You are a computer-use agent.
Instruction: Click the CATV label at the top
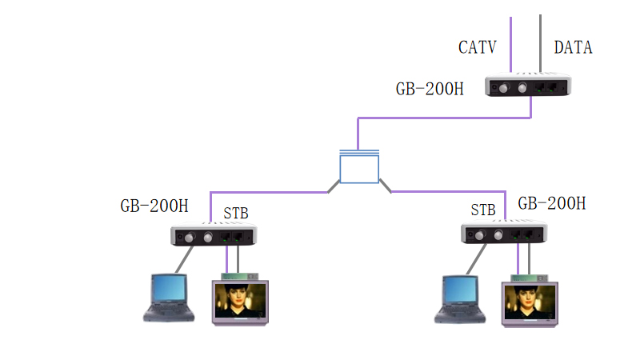[477, 47]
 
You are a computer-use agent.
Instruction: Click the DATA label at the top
[573, 47]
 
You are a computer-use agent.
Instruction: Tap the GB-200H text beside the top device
[429, 88]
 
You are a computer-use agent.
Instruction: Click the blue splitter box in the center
[358, 168]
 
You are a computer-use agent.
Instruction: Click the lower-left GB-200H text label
[154, 206]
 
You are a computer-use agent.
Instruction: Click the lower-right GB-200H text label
[552, 203]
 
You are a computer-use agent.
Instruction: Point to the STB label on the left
[236, 214]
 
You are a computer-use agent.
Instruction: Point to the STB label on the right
[483, 210]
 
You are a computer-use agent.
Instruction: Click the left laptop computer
[169, 298]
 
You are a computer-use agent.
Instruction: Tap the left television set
[239, 302]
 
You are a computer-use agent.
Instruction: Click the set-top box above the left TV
[239, 276]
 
